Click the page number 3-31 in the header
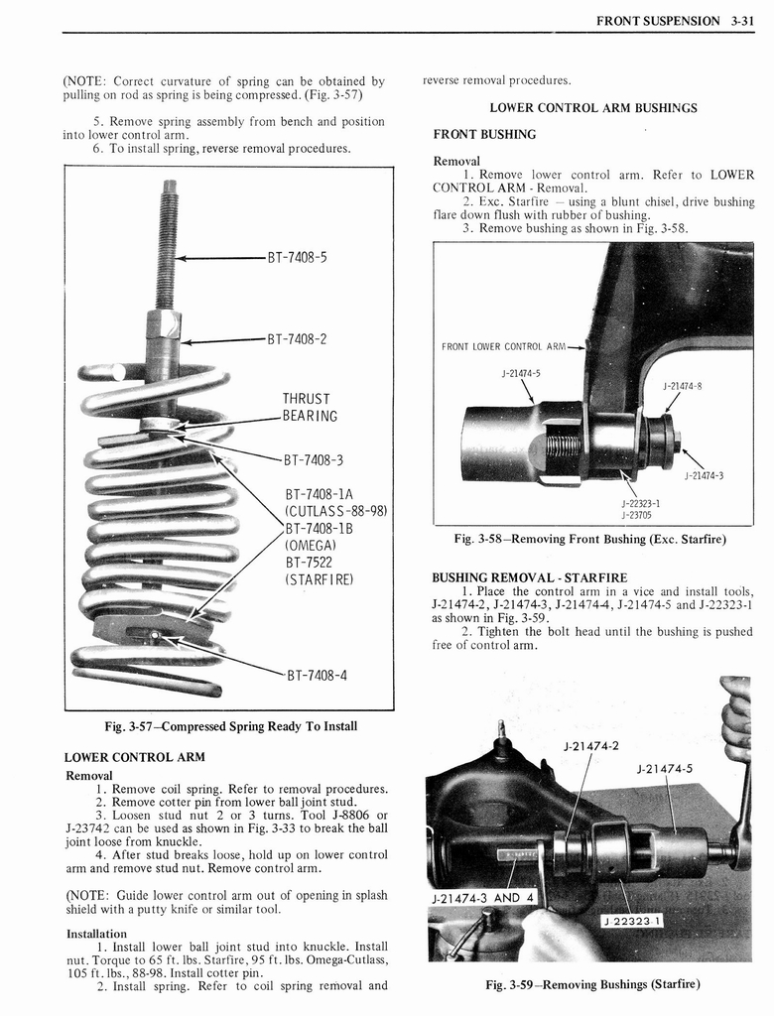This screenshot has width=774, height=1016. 738,20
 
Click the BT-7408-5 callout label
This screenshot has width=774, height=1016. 297,258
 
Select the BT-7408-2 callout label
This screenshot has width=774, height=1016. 297,338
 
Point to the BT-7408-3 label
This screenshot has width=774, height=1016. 314,459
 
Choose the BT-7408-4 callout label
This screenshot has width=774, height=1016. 316,678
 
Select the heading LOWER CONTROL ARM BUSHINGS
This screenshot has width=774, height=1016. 592,107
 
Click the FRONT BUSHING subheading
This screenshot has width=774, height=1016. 484,134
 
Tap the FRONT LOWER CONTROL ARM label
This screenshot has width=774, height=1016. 503,347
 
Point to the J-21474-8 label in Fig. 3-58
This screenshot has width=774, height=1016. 682,386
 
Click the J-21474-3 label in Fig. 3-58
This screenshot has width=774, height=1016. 704,475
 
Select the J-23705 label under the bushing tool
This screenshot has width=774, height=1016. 635,514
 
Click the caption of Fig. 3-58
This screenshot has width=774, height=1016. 589,540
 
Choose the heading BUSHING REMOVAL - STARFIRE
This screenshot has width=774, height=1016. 529,577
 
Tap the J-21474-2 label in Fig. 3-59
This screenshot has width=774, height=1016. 590,746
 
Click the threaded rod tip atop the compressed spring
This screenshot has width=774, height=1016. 170,188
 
